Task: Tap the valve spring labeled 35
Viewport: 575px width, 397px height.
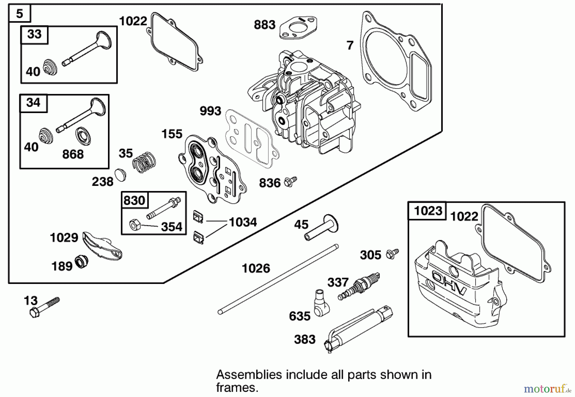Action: [144, 162]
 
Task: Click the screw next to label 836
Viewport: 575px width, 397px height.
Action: [290, 181]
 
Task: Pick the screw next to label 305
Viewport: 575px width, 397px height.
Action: [392, 254]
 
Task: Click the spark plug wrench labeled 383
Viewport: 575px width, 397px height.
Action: [358, 329]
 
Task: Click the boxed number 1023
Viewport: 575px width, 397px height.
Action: [428, 211]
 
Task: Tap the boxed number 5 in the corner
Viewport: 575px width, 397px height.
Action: [19, 14]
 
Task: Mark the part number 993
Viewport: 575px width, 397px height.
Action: [210, 111]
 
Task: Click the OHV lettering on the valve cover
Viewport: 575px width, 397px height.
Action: [449, 283]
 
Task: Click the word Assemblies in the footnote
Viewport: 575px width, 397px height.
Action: [249, 374]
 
